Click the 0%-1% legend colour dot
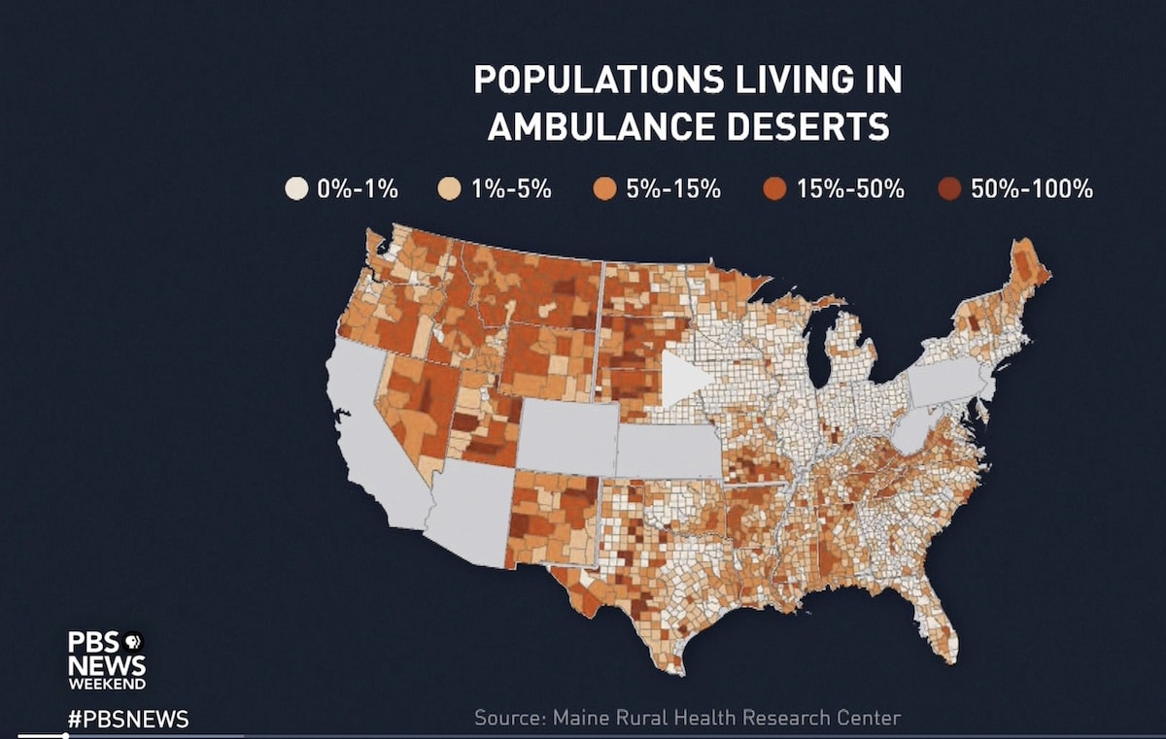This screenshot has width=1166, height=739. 296,189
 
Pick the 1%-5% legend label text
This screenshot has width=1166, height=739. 511,189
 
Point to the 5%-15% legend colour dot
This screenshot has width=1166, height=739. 604,189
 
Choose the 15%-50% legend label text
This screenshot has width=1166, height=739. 850,189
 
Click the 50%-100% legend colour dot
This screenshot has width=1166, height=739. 949,189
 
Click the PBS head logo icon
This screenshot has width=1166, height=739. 131,641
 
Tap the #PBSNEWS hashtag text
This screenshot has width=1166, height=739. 127,720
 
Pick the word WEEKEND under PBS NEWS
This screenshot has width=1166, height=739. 107,684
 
